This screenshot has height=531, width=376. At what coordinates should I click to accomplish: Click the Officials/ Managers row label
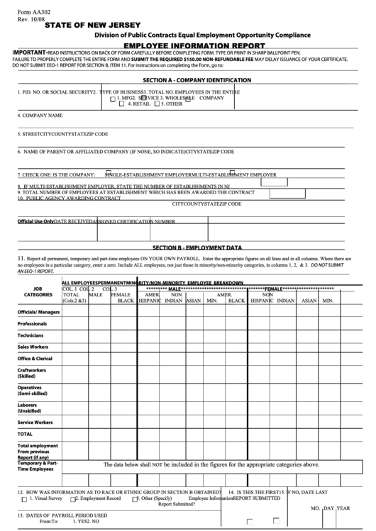pyautogui.click(x=39, y=312)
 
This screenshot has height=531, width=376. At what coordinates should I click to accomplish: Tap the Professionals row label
pyautogui.click(x=33, y=323)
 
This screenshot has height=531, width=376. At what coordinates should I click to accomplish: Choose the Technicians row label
pyautogui.click(x=31, y=335)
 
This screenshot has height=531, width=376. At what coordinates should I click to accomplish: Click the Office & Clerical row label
pyautogui.click(x=35, y=358)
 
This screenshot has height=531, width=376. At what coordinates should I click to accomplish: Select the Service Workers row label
pyautogui.click(x=35, y=422)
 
